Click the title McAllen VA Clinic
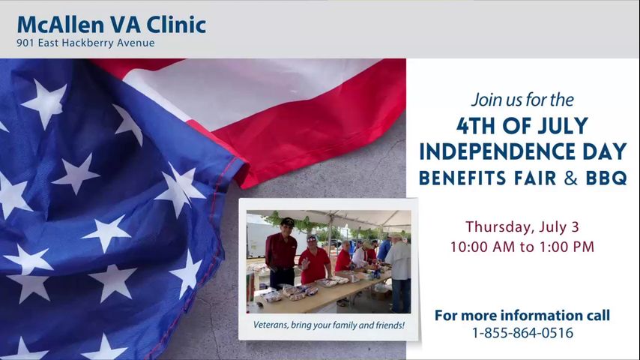coord(112,25)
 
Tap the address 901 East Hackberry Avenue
coord(85,43)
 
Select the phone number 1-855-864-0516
coord(522,333)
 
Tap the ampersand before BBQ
coord(571,178)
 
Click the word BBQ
coord(606,178)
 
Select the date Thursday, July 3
coord(522,227)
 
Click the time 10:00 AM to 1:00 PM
coord(522,247)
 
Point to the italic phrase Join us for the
coord(522,100)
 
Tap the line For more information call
coord(522,316)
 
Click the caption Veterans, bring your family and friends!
coord(329,325)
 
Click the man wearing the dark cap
coord(281,253)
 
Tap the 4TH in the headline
coord(476,126)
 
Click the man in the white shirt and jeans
coord(399,273)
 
